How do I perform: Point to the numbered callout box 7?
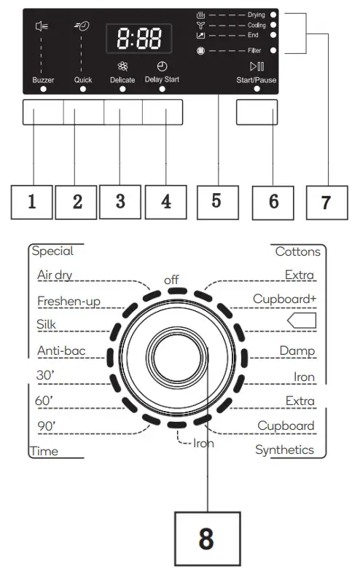tap(326, 203)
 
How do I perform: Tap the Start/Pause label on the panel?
tap(257, 79)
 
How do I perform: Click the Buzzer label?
tap(43, 79)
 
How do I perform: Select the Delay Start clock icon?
tap(162, 66)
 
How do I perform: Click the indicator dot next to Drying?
tap(273, 15)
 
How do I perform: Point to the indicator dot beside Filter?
tap(273, 51)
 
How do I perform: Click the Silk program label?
tap(47, 326)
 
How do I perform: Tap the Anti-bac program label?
tap(61, 351)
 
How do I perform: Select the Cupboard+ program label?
tap(283, 299)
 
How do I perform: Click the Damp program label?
tap(297, 351)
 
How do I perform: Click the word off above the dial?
tap(171, 279)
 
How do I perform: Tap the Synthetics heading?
tap(284, 450)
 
